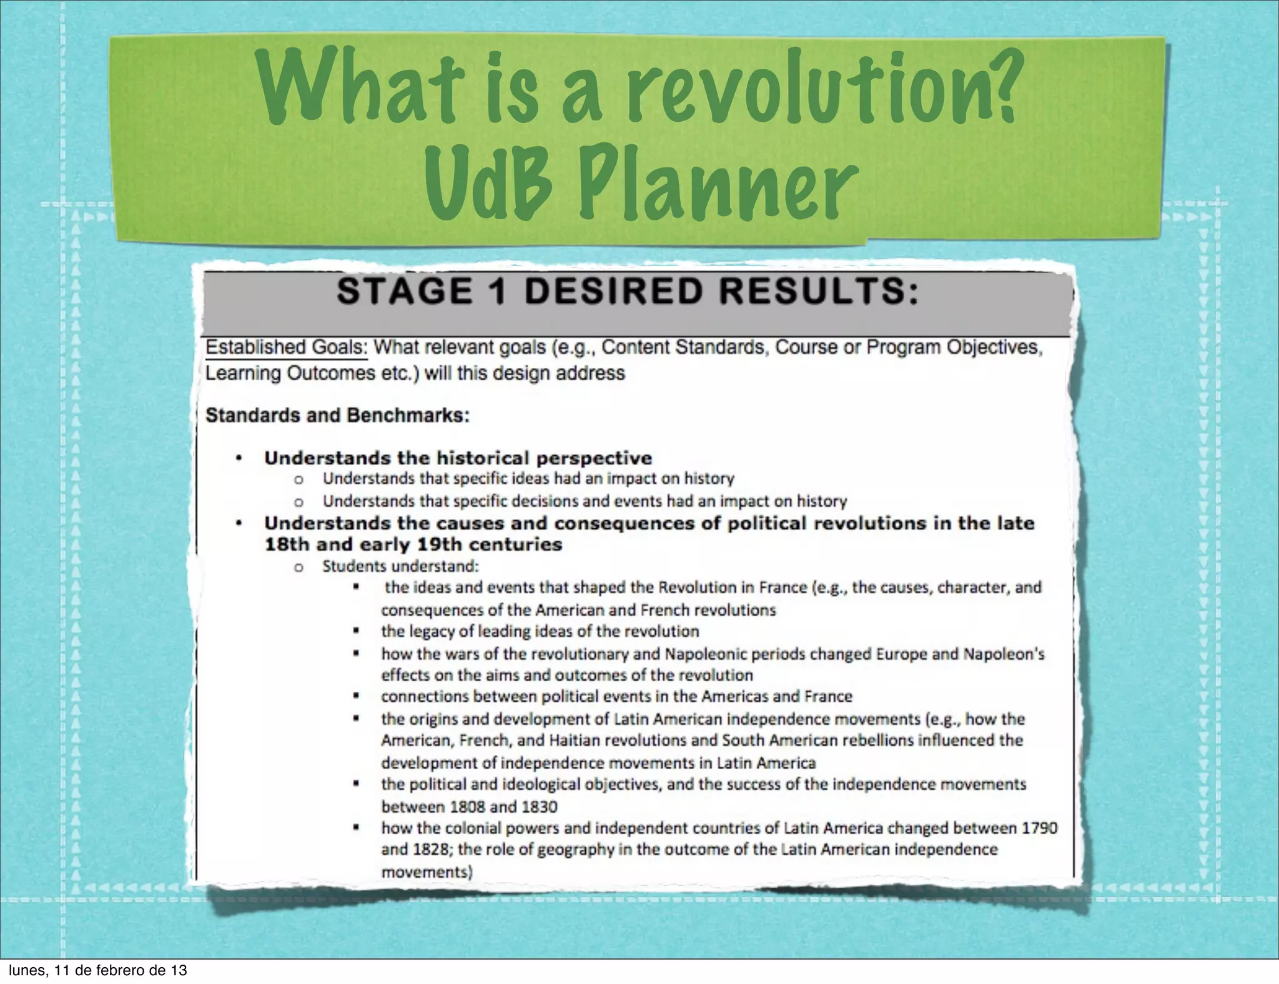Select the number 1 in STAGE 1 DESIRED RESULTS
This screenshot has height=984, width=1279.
click(497, 292)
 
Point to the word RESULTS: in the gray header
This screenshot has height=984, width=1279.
click(812, 292)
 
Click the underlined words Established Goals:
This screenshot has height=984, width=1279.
click(287, 347)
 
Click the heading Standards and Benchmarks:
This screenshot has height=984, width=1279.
click(337, 415)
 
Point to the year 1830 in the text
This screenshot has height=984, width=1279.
click(539, 807)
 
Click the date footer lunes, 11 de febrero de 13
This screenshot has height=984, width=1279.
click(97, 970)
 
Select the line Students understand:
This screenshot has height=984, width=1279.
click(400, 566)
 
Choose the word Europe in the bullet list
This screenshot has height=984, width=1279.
click(902, 654)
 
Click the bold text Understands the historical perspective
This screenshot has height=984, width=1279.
click(458, 458)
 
